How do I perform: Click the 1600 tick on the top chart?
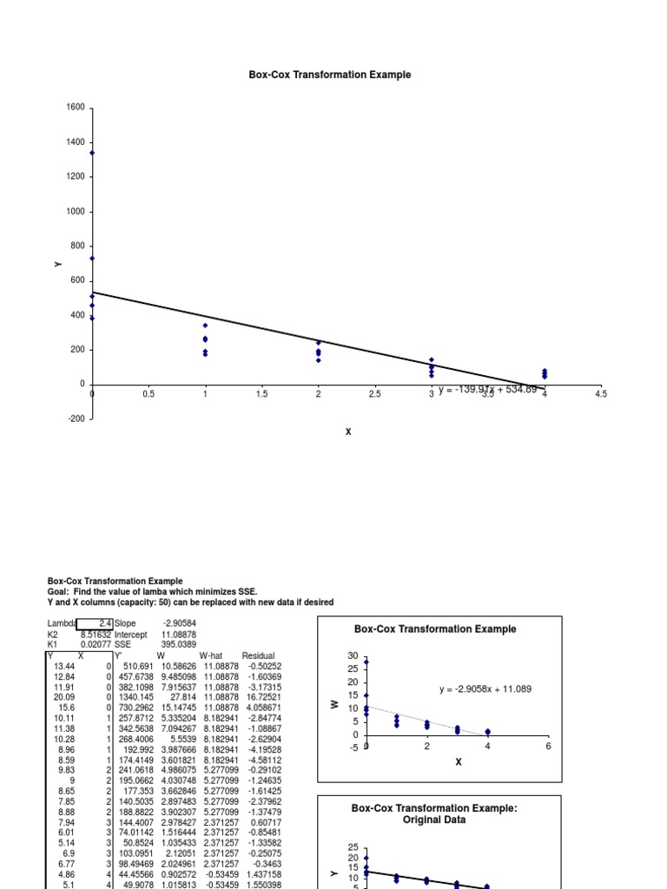point(76,108)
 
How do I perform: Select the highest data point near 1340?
point(92,153)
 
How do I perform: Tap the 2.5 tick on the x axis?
point(375,394)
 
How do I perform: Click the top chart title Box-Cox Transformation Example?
point(330,75)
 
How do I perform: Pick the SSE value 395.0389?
point(179,645)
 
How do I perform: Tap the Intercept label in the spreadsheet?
point(131,635)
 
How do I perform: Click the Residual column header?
point(258,656)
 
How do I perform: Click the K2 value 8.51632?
point(96,635)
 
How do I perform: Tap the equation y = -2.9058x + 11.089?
point(485,689)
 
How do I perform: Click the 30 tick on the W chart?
point(353,655)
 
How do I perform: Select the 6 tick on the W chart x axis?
point(548,746)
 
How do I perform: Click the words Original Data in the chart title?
point(434,820)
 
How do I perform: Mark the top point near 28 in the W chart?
point(367,662)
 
